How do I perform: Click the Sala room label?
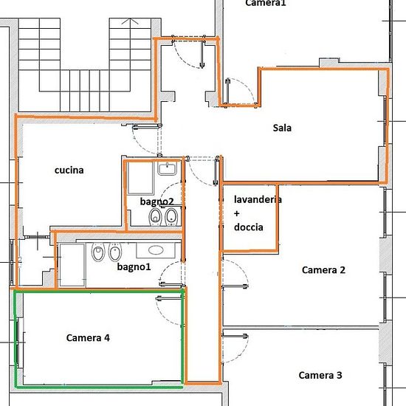point(282,128)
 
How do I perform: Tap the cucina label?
point(69,170)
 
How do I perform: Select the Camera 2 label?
point(323,269)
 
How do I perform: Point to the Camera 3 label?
point(320,375)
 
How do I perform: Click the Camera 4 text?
point(88,337)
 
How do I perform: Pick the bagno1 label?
point(134,266)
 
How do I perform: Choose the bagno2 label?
point(157,202)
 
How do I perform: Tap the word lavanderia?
point(258,199)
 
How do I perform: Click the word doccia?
point(249,227)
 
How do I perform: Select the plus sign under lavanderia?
point(237,213)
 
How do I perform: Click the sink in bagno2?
point(167,168)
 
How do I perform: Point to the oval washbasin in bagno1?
point(156,250)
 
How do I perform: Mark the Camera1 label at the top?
point(266,3)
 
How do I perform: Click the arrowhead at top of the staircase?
point(130,21)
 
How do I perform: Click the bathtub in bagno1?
point(72,265)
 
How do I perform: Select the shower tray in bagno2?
point(140,178)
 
